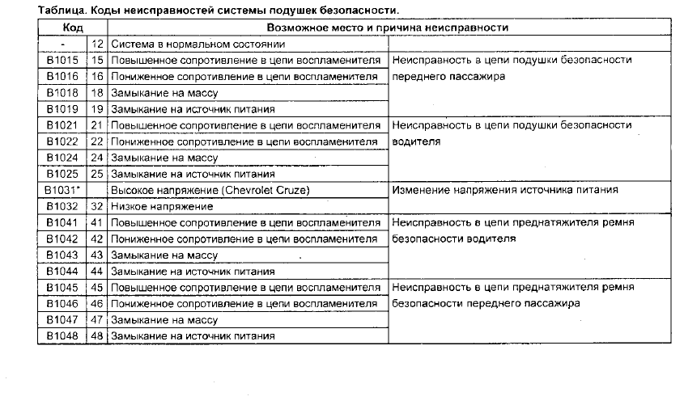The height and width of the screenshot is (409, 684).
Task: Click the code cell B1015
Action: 62,60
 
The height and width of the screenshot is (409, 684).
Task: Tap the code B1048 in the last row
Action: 62,336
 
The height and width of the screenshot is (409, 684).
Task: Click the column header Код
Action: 73,27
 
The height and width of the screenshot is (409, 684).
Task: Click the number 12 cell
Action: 98,44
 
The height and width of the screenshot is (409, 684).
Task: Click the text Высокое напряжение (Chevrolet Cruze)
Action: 199,190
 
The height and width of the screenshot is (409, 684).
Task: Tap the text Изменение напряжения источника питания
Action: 504,190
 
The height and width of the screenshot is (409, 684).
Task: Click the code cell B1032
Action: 62,206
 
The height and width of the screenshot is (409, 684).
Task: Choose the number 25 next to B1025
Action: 98,174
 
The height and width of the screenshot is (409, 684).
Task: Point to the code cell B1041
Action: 62,222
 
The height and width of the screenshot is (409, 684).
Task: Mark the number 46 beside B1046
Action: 98,304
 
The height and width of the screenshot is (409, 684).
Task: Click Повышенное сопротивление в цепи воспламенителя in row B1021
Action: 245,125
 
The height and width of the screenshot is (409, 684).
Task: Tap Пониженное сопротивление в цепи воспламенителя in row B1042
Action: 245,239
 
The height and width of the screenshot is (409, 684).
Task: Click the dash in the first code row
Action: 62,44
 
